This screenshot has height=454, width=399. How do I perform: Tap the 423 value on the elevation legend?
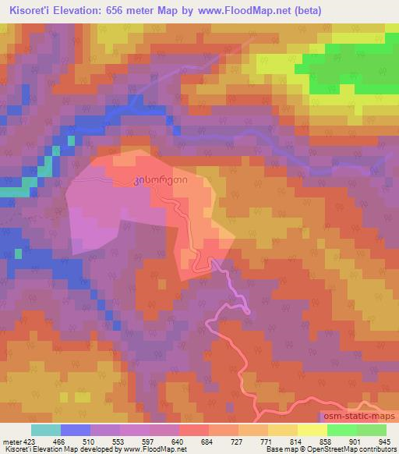(29, 442)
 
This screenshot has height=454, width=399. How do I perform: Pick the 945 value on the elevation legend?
(383, 442)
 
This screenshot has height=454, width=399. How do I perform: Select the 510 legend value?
(90, 442)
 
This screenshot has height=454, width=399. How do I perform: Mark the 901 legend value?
(355, 442)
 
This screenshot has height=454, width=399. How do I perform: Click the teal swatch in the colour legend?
(46, 430)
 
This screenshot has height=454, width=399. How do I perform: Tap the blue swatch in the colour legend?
(76, 430)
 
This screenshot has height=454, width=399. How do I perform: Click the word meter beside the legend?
(11, 442)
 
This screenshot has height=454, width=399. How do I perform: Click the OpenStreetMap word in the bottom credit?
(330, 450)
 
